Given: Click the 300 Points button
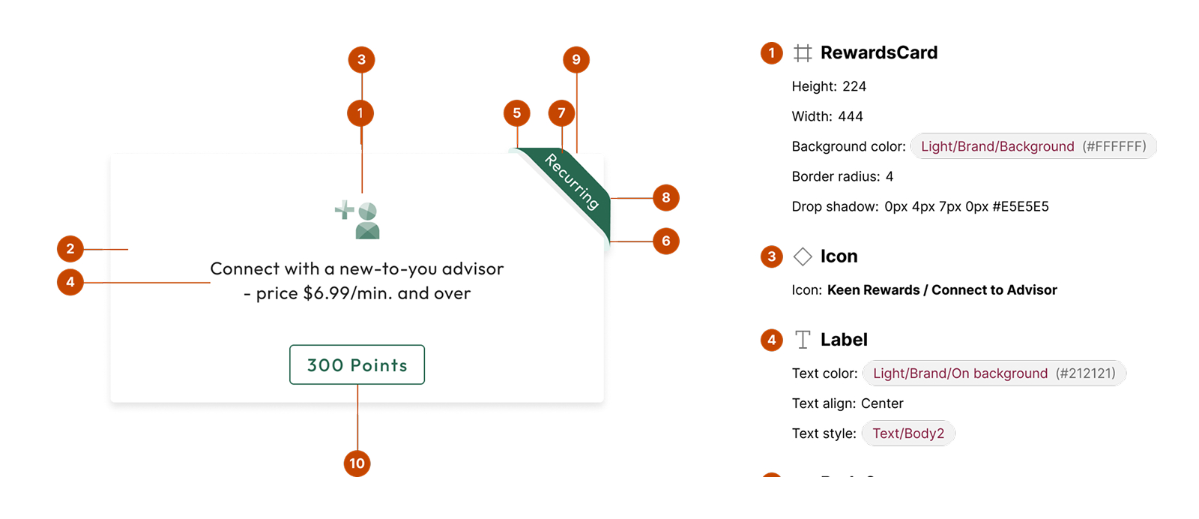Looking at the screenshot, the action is pyautogui.click(x=357, y=364).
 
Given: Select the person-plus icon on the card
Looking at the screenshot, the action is pyautogui.click(x=357, y=220).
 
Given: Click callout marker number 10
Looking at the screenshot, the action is pyautogui.click(x=357, y=463).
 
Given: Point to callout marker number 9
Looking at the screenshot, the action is pyautogui.click(x=576, y=59).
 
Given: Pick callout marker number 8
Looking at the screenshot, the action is pyautogui.click(x=666, y=198).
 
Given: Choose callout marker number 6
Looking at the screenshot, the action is pyautogui.click(x=666, y=241).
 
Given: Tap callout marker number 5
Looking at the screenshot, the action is pyautogui.click(x=516, y=113).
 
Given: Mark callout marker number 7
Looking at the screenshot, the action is pyautogui.click(x=561, y=113).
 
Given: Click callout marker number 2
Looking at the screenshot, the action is pyautogui.click(x=70, y=248).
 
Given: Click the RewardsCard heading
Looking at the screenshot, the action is pyautogui.click(x=879, y=52).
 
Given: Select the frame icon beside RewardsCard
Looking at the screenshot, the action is pyautogui.click(x=803, y=53).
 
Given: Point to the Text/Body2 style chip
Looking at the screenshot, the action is pyautogui.click(x=908, y=433).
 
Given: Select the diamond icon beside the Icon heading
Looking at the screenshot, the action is pyautogui.click(x=803, y=256).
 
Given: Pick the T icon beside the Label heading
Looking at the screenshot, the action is pyautogui.click(x=803, y=340).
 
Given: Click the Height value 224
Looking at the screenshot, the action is pyautogui.click(x=854, y=86).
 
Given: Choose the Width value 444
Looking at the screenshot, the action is pyautogui.click(x=851, y=116).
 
